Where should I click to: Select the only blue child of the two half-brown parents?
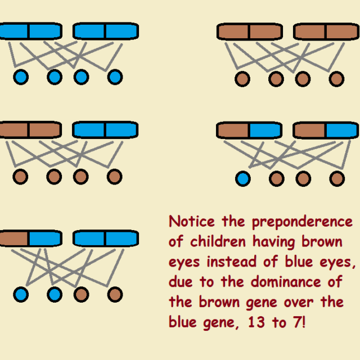coord(242,179)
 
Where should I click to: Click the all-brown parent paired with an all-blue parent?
coord(30,130)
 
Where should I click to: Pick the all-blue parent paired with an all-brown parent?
coord(105,130)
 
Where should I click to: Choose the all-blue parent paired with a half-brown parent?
coord(105,238)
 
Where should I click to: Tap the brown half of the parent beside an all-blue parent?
coord(14,238)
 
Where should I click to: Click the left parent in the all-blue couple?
coord(30,31)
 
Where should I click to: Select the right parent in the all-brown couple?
coord(325,31)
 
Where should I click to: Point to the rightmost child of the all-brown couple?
coord(336,79)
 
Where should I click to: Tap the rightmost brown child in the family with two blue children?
coord(115,294)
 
